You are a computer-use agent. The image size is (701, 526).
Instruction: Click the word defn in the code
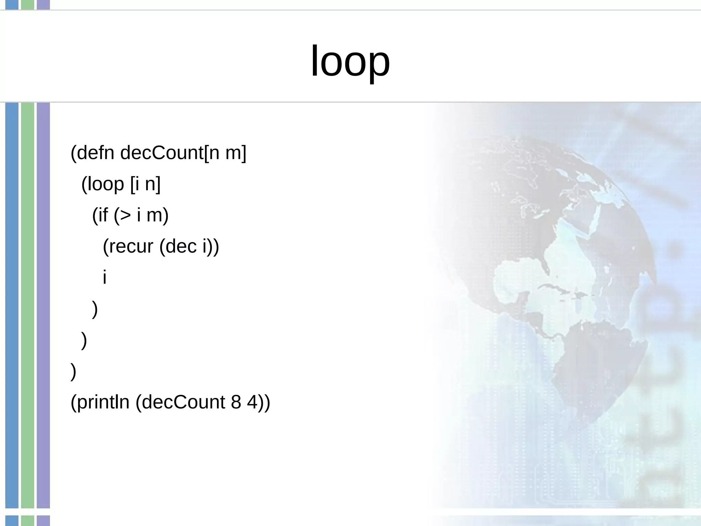point(95,153)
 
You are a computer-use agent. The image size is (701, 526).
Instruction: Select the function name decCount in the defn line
point(162,153)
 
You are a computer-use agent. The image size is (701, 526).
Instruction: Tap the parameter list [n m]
point(225,153)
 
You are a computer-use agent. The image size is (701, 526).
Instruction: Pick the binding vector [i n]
point(145,184)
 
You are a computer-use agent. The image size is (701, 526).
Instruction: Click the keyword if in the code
point(103,215)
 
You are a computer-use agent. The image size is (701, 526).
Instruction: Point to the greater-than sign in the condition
point(126,215)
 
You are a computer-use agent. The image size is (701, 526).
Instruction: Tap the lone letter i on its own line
point(105,277)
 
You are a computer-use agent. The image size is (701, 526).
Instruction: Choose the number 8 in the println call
point(236,402)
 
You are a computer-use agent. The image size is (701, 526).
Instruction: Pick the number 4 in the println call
point(252,402)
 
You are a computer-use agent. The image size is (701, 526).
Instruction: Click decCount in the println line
point(183,402)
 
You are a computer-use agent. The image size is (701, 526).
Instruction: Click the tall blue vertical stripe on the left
point(12,305)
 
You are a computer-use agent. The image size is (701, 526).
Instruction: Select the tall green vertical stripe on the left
point(27,305)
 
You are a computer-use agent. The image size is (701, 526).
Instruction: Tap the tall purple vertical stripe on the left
point(43,305)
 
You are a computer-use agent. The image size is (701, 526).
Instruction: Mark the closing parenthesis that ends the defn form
point(73,372)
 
